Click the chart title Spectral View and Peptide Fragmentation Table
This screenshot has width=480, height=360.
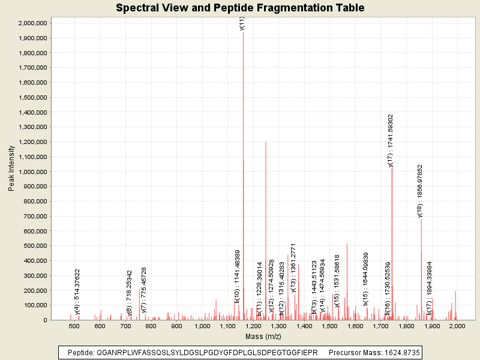click(x=240, y=8)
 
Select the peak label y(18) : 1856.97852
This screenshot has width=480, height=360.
click(x=420, y=191)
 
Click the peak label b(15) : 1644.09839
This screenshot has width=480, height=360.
click(x=365, y=279)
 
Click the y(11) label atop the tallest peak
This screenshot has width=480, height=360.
click(x=242, y=23)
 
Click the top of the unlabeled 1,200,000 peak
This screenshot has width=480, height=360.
click(x=266, y=142)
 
